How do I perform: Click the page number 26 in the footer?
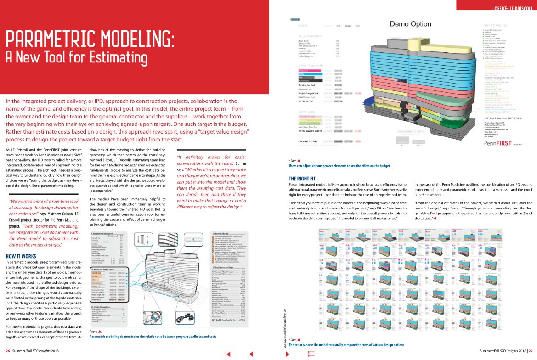[x=8, y=351]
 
